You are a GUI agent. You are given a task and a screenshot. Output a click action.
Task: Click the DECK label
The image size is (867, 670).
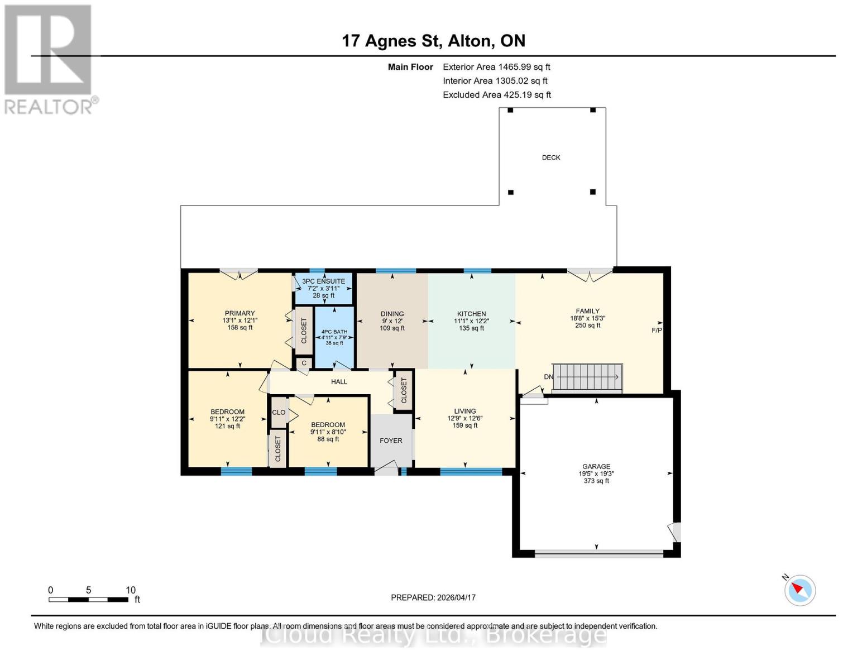coord(550,157)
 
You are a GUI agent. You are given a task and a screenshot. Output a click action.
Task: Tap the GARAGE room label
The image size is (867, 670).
coord(596,466)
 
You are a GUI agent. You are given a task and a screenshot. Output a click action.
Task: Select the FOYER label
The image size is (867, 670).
coord(391,441)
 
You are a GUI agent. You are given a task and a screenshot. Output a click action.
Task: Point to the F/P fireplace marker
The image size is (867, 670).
coord(657,331)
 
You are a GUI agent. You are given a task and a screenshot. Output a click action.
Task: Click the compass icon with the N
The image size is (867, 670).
coord(799,590)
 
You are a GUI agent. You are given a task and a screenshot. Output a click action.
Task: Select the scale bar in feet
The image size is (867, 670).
coord(88,599)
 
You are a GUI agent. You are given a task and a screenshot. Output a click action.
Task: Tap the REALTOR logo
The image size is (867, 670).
coord(49,59)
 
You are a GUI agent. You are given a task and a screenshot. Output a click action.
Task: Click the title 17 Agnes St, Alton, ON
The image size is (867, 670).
coord(433,41)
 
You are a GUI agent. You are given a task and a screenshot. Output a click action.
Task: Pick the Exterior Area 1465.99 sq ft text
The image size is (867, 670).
coord(496,67)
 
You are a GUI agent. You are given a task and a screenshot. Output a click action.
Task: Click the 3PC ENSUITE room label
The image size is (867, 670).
coord(323,281)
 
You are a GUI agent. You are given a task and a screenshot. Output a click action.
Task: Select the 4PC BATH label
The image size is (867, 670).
coord(334,332)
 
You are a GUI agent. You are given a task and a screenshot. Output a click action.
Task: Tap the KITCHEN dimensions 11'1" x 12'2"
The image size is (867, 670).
coord(471,321)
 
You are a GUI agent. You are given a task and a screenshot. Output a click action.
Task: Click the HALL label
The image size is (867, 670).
coord(339,382)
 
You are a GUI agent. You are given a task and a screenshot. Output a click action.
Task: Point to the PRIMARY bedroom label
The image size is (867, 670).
coord(239,313)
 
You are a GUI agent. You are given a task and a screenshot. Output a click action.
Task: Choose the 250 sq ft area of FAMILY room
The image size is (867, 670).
coord(587,326)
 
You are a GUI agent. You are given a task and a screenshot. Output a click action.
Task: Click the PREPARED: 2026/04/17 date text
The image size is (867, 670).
coord(433,597)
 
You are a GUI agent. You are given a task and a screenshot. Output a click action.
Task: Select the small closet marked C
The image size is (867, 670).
coord(304,363)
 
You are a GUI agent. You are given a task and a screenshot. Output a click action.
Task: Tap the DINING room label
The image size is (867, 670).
coord(392,314)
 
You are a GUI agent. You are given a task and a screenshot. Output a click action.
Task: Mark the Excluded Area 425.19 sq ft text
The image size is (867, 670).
coord(497,95)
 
